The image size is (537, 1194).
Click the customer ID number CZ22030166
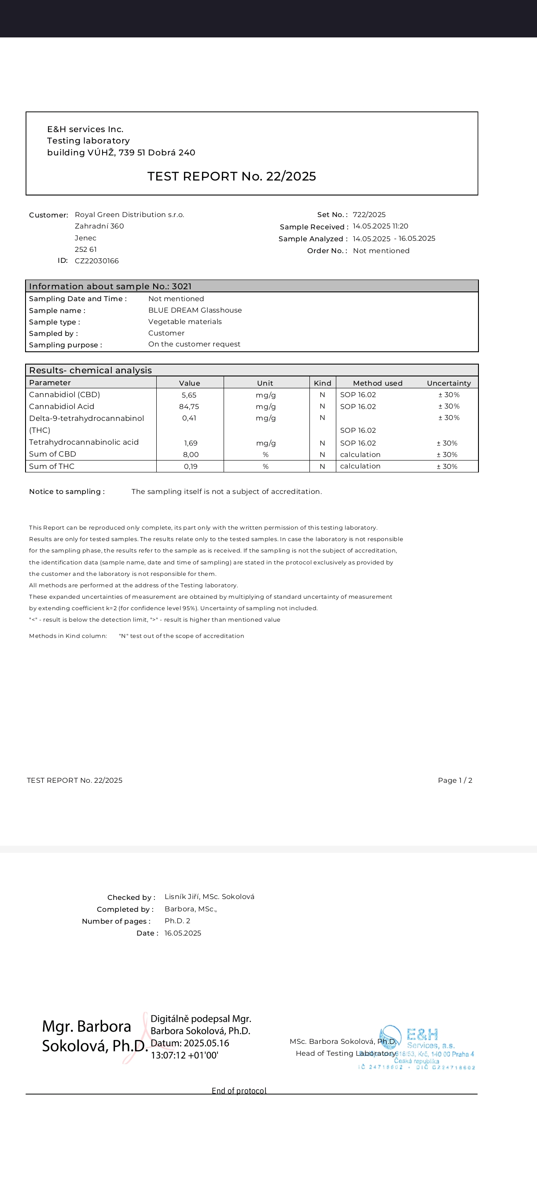click(x=96, y=261)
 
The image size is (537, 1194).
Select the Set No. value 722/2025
click(x=369, y=214)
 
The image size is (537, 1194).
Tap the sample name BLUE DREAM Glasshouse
click(x=195, y=310)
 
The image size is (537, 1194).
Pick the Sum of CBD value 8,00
click(x=191, y=455)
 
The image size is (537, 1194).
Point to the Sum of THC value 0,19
click(x=191, y=466)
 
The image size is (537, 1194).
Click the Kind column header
click(x=323, y=383)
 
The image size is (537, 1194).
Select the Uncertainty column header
click(x=449, y=383)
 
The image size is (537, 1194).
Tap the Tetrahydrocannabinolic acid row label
click(x=84, y=442)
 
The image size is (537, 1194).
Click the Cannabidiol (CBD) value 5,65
click(x=189, y=395)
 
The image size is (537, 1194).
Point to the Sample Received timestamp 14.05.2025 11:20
click(x=380, y=226)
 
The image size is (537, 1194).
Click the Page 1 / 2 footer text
click(x=455, y=780)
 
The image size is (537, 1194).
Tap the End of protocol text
click(x=239, y=1090)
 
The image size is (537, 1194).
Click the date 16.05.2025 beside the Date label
click(x=183, y=933)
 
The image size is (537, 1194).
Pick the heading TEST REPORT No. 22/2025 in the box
click(x=232, y=176)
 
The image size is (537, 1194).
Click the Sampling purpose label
click(x=65, y=345)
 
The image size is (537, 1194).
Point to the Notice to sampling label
click(x=67, y=491)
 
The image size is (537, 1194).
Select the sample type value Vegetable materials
click(x=185, y=322)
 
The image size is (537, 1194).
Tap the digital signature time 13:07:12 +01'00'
click(x=184, y=1055)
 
